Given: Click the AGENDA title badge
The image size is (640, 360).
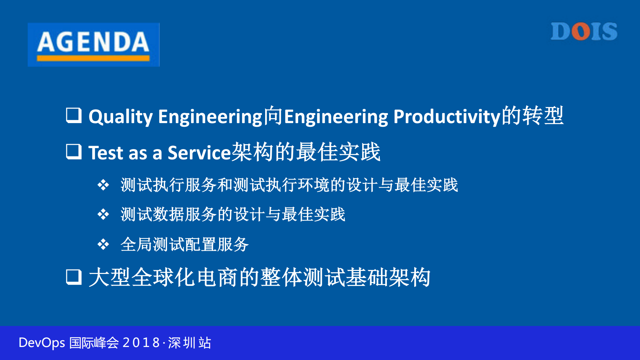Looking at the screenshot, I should tap(93, 44).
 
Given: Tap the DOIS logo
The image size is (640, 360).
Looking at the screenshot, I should tap(584, 32).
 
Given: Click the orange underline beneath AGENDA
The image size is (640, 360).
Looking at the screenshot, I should tap(93, 58).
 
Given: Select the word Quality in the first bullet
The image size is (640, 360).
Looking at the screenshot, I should tap(120, 117).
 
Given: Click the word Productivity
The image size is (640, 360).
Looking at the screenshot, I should tap(447, 117).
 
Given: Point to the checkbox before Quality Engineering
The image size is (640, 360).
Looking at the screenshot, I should tap(74, 115).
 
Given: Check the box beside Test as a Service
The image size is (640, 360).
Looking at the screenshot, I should tap(74, 151).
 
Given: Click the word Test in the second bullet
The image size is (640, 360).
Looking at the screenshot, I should tap(106, 153).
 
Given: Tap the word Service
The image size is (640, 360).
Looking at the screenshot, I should tap(199, 153).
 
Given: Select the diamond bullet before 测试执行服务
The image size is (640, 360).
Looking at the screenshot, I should tap(103, 185).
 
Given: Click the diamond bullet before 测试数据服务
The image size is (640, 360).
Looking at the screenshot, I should tap(103, 214).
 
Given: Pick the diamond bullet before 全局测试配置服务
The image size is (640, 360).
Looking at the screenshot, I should tap(103, 244).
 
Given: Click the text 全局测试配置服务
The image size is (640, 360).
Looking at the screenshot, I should tap(184, 244).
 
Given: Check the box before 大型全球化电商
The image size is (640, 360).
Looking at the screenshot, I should tap(74, 277).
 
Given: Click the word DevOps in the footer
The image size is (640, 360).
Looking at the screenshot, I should tap(42, 343).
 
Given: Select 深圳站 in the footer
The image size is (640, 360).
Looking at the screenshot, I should tap(189, 343).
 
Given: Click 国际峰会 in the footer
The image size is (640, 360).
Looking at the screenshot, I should tap(94, 343).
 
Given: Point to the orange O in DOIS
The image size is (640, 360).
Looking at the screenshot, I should tap(581, 32).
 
